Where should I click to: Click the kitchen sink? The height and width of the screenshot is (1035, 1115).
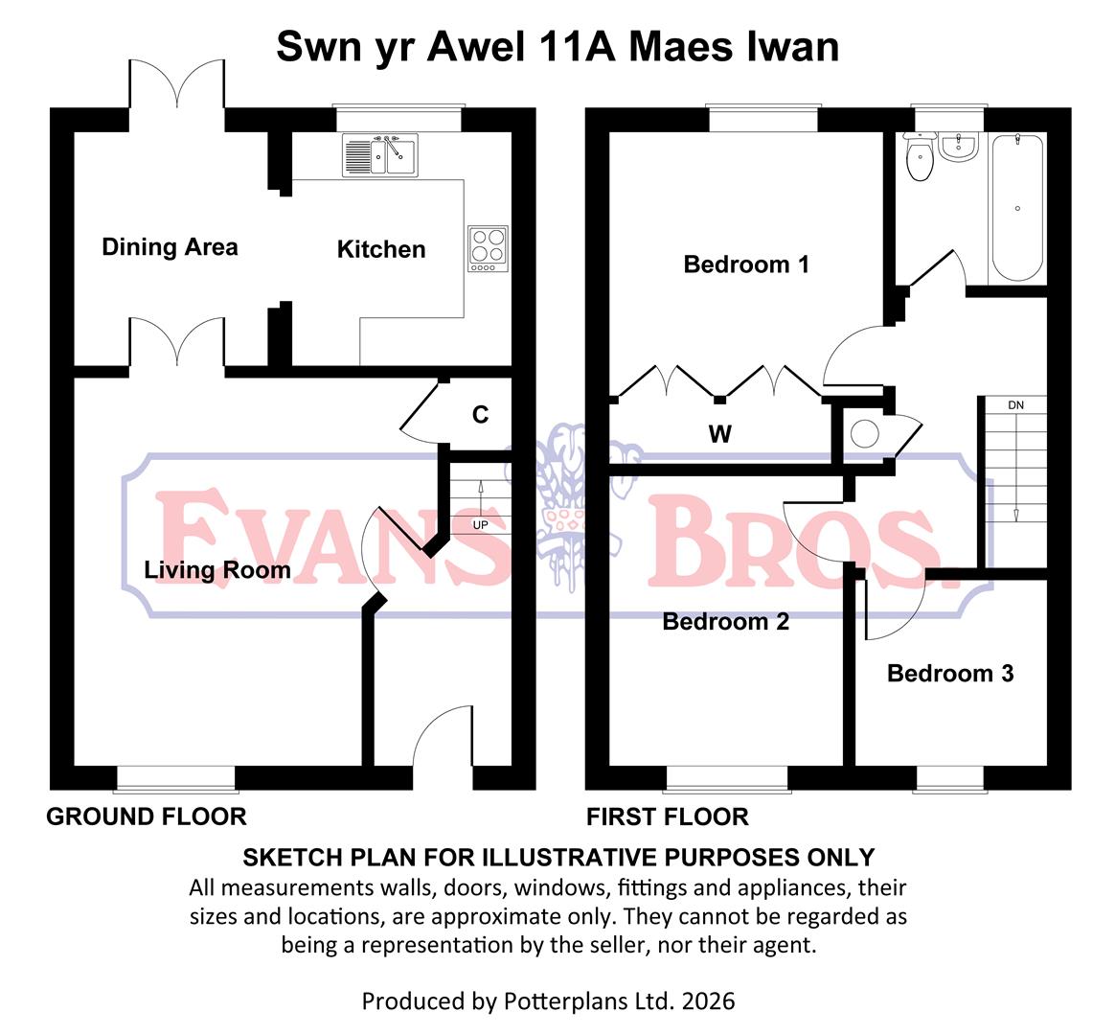click(379, 156)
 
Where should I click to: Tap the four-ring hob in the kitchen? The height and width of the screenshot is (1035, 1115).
click(488, 247)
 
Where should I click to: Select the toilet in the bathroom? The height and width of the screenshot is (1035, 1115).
click(921, 162)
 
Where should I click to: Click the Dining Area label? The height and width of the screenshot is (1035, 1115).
click(170, 247)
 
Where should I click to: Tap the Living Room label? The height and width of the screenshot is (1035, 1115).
click(217, 570)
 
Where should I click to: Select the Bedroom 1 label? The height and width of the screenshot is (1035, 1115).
click(746, 264)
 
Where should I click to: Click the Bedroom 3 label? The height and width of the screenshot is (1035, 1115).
click(949, 674)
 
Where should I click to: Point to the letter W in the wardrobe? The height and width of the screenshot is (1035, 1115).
click(720, 434)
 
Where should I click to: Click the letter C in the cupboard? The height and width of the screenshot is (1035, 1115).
click(481, 414)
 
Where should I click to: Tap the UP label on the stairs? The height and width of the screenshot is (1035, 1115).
click(480, 525)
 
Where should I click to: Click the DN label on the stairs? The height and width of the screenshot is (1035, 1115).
click(1016, 405)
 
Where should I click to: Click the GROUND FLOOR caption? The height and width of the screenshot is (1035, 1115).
click(147, 816)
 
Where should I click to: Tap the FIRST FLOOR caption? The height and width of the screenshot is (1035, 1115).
click(668, 816)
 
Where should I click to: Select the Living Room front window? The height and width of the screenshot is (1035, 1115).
click(176, 778)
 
